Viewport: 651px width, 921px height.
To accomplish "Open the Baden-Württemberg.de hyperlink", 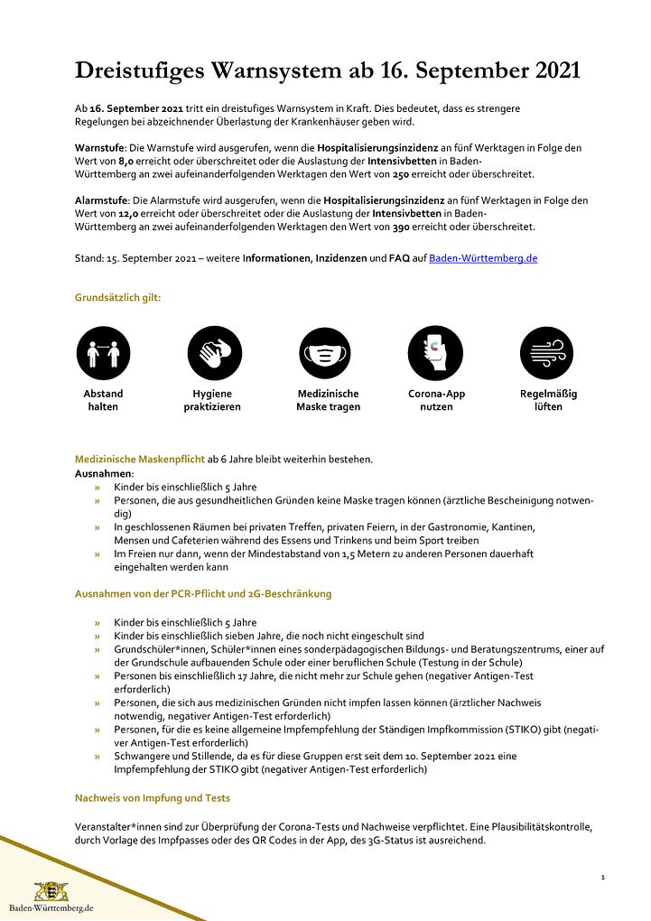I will click(483, 257).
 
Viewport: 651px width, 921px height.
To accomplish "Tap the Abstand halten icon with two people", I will click(103, 352).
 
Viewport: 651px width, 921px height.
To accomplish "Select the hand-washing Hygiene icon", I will click(215, 352).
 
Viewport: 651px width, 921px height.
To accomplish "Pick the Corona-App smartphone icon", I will click(435, 352).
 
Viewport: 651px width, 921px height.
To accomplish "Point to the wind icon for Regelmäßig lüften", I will click(547, 352).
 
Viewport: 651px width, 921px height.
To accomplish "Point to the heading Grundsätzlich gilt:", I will click(117, 296).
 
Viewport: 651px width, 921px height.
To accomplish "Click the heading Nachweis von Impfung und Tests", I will click(152, 797).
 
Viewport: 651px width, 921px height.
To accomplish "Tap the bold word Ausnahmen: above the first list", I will click(104, 473).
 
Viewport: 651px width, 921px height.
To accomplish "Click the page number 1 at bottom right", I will click(602, 877).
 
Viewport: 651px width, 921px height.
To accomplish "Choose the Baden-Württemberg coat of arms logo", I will click(51, 891).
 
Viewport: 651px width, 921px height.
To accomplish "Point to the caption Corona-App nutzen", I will click(436, 400).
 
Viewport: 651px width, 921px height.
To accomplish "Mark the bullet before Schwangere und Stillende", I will click(97, 756).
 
